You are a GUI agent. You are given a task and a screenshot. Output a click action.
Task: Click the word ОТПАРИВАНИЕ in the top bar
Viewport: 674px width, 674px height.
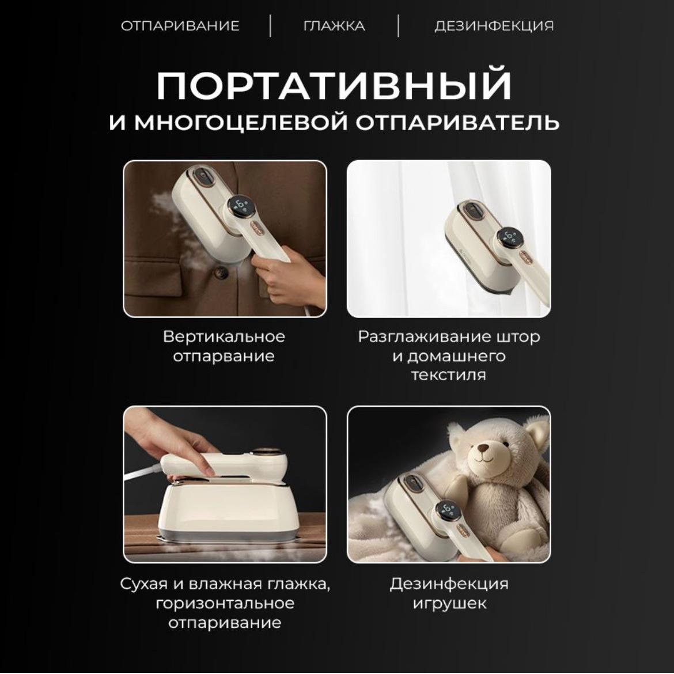180,26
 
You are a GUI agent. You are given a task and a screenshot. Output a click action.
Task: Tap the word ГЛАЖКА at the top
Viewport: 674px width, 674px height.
334,26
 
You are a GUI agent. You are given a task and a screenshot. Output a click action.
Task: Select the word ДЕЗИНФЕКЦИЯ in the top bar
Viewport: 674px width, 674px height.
494,26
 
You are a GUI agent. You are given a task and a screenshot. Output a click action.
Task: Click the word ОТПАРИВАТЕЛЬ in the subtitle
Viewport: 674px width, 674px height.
458,122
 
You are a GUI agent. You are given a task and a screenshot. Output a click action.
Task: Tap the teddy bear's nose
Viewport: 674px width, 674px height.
484,449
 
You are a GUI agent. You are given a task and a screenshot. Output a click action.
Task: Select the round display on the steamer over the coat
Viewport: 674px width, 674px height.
241,206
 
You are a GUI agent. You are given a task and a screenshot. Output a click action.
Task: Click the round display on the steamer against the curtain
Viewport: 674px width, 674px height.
510,237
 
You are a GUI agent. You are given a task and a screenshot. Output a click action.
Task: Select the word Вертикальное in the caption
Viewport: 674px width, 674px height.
224,336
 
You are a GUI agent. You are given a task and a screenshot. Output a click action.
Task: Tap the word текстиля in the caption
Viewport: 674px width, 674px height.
449,375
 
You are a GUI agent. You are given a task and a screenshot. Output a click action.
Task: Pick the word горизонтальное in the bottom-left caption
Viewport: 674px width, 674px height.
225,604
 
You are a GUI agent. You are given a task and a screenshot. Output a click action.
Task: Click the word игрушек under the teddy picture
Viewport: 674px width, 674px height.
449,604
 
